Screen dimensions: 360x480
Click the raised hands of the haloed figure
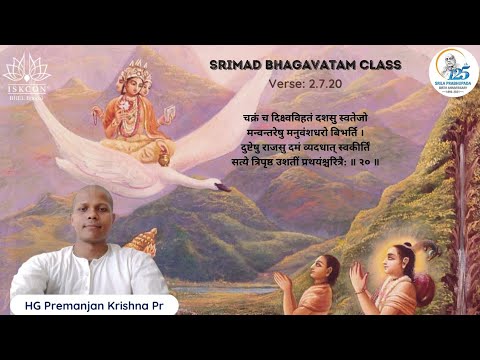(x=357, y=273)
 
